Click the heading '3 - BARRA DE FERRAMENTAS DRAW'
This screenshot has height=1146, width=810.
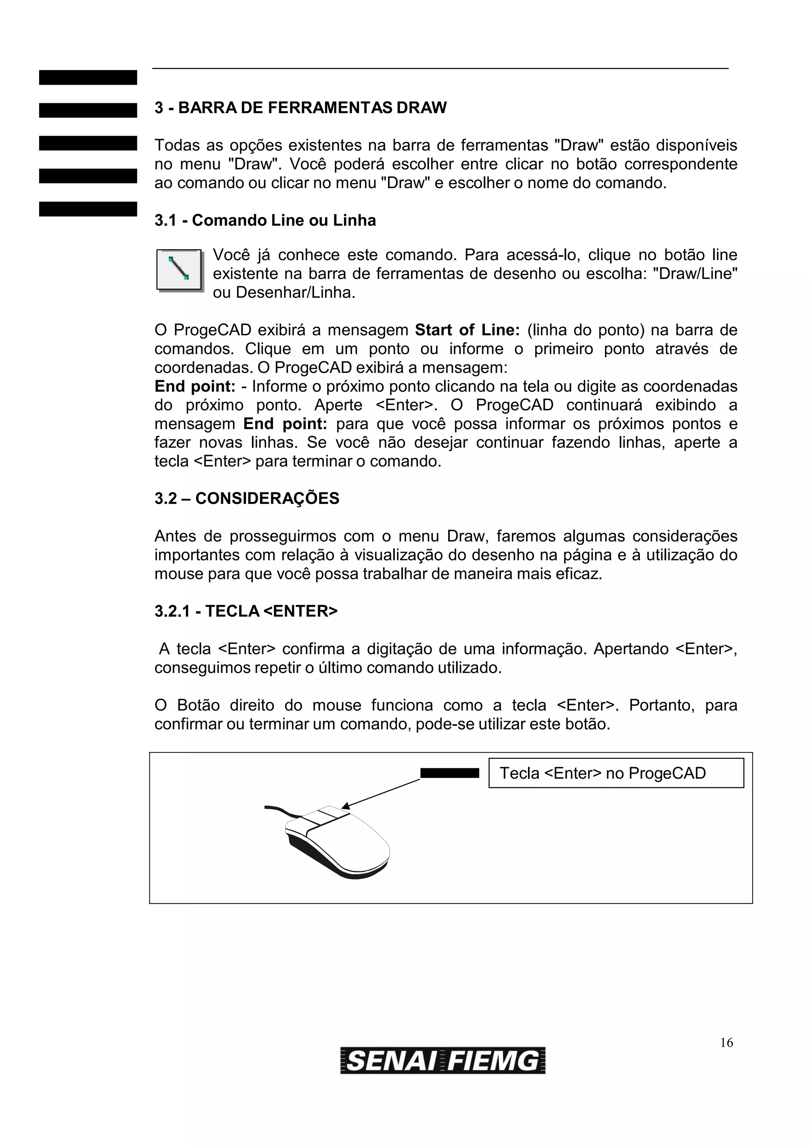coord(301,108)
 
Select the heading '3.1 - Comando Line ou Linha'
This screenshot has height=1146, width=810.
coord(265,220)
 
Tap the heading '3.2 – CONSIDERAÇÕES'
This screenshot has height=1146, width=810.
coord(246,498)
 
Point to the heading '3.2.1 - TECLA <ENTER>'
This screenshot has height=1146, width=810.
coord(246,611)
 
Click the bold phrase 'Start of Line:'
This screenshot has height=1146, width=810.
coord(467,330)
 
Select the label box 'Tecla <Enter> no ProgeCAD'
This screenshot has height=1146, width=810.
coord(615,773)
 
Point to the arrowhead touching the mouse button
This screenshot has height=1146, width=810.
coord(345,806)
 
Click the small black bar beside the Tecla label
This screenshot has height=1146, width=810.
coord(449,773)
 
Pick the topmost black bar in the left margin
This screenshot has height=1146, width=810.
coord(88,78)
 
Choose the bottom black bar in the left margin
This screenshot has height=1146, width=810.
coord(88,209)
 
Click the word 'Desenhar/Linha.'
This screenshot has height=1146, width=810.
coord(295,293)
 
